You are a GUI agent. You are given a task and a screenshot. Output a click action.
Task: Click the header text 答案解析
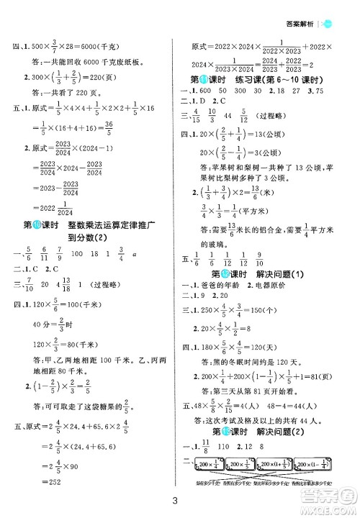point(302,6)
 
